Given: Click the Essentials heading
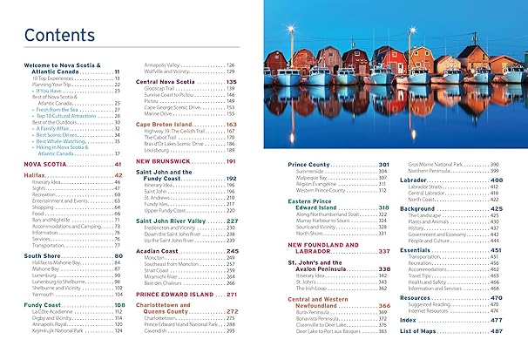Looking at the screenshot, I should [x=421, y=249].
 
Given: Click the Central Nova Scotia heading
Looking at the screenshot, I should [x=171, y=81].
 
